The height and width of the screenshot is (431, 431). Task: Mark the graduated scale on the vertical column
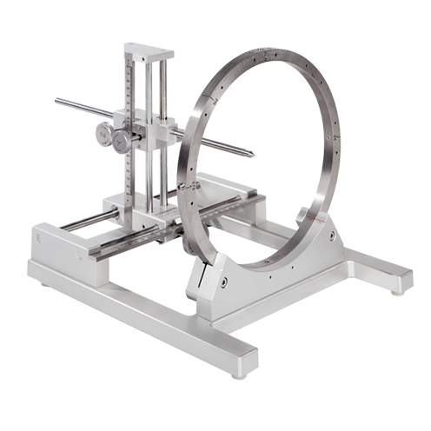pyautogui.click(x=131, y=104)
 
